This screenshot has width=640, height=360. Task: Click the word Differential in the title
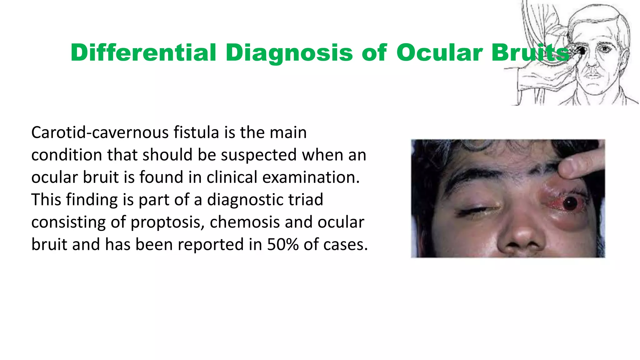(x=143, y=52)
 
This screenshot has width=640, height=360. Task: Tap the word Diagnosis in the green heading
(x=289, y=52)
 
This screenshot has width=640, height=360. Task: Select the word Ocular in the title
(x=440, y=52)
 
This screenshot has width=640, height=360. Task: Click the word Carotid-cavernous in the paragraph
(x=100, y=132)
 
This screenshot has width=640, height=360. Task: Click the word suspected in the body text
(x=258, y=155)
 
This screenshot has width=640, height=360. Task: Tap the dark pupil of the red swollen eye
(x=570, y=203)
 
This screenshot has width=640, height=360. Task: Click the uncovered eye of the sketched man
(x=605, y=49)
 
